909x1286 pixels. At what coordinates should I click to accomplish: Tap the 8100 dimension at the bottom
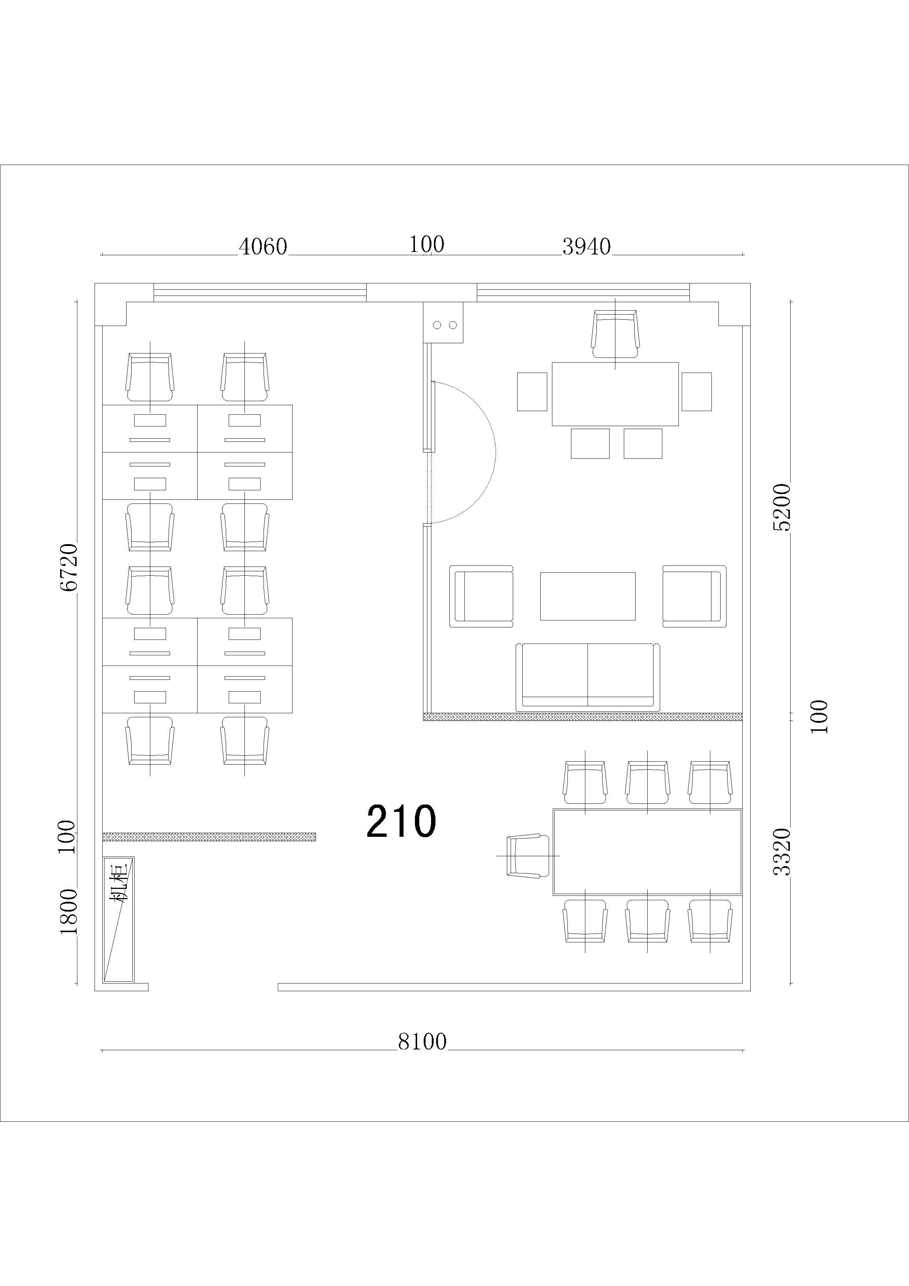tap(423, 1042)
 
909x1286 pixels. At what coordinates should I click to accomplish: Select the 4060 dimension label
tap(263, 246)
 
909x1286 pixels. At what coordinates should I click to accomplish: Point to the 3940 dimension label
tap(586, 246)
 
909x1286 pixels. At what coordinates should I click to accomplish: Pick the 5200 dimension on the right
tap(781, 507)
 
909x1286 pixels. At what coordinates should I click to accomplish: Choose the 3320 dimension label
tap(781, 851)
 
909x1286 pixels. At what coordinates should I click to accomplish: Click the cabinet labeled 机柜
tap(118, 919)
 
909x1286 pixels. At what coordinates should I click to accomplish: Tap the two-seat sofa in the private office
tap(588, 677)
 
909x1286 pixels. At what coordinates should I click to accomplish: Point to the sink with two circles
tap(443, 323)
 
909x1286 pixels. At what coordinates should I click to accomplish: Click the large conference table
tap(647, 851)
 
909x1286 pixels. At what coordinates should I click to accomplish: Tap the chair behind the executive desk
tap(615, 334)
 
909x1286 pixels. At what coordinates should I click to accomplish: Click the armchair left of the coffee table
tap(481, 596)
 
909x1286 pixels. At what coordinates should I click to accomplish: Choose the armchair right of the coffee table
tap(695, 596)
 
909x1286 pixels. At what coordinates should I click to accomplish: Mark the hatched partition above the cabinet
tap(209, 837)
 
